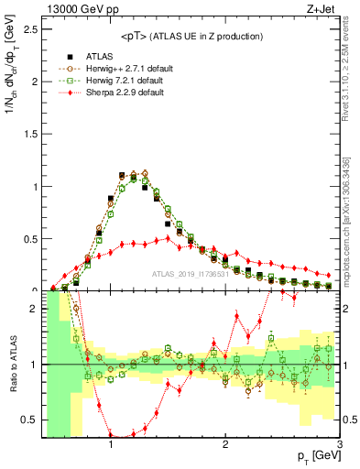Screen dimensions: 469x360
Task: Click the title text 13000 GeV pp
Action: point(78,9)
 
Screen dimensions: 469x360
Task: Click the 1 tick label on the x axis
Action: point(111,445)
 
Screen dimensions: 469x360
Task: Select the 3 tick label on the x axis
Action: point(339,445)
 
